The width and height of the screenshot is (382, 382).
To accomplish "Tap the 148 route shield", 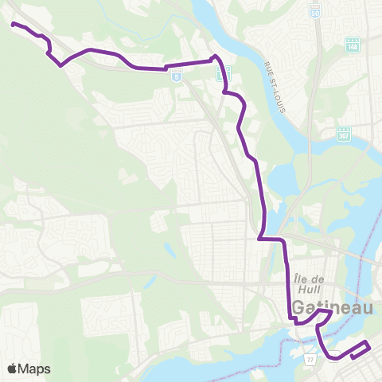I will tap(353, 45).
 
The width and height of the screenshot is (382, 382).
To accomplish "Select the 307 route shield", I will tap(343, 134).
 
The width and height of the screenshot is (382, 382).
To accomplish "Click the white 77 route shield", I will tap(310, 361).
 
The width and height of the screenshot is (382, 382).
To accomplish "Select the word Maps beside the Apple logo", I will tap(34, 368).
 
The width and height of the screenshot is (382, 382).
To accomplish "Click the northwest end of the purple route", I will tap(13, 24).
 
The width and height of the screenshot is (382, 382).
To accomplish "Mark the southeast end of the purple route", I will tap(353, 357).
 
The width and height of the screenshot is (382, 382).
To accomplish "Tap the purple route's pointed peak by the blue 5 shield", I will tap(214, 57).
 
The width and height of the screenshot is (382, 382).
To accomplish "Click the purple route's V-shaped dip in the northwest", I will tap(60, 66).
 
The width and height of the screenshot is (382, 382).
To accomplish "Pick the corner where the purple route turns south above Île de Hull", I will tap(284, 239).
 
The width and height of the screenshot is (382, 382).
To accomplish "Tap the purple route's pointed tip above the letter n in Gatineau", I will tap(331, 312).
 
